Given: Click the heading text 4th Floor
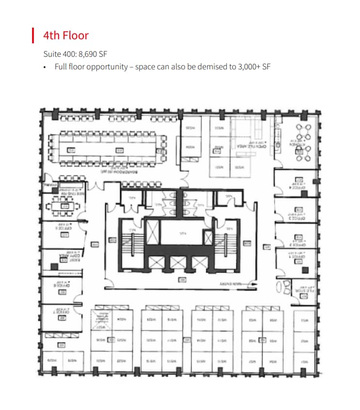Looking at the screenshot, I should (65, 35).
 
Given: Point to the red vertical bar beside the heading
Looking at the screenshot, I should (33, 35).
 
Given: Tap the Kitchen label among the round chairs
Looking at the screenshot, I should (297, 144).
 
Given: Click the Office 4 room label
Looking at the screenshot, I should (297, 187).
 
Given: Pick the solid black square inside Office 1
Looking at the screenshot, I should (305, 270).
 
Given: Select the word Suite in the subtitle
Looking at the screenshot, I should (52, 54).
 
